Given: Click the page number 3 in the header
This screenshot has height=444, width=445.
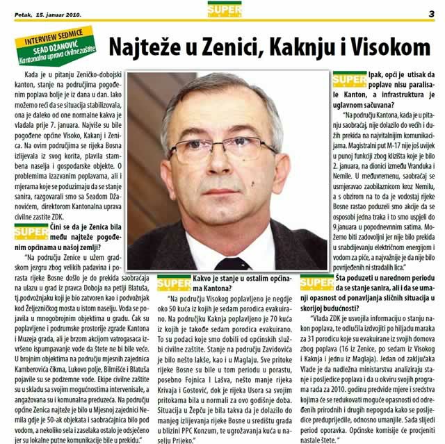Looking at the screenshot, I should tap(431, 12).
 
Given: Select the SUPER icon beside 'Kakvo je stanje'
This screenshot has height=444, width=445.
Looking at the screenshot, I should tap(174, 284).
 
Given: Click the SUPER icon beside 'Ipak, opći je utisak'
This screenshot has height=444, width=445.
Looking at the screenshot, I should tap(349, 81).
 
